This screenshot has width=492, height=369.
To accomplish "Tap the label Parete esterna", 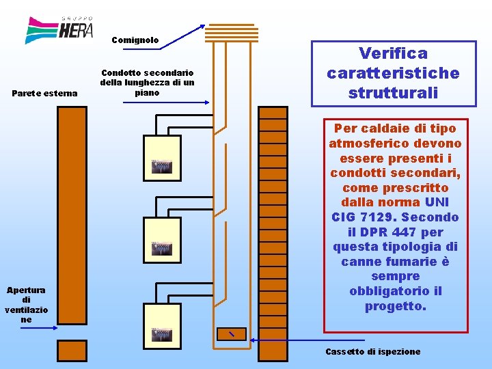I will tap(45, 93).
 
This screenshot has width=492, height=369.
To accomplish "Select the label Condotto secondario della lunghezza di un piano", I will tap(147, 82).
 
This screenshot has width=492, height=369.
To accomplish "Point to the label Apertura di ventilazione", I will tap(26, 305).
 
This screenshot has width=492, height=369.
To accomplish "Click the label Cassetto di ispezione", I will tap(373, 351).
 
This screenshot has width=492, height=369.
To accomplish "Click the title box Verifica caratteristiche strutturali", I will tap(393, 73).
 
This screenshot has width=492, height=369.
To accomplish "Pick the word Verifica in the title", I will tap(393, 53).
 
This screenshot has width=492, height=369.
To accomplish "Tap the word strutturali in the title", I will tap(393, 92).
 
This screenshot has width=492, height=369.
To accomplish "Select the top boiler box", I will tap(162, 158).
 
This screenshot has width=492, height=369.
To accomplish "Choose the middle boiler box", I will tap(162, 240).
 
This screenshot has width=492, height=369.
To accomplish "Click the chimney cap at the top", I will tap(232, 32).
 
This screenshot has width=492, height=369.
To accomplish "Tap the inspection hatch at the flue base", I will tap(232, 333).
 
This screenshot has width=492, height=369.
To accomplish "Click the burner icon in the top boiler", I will tap(161, 167).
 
